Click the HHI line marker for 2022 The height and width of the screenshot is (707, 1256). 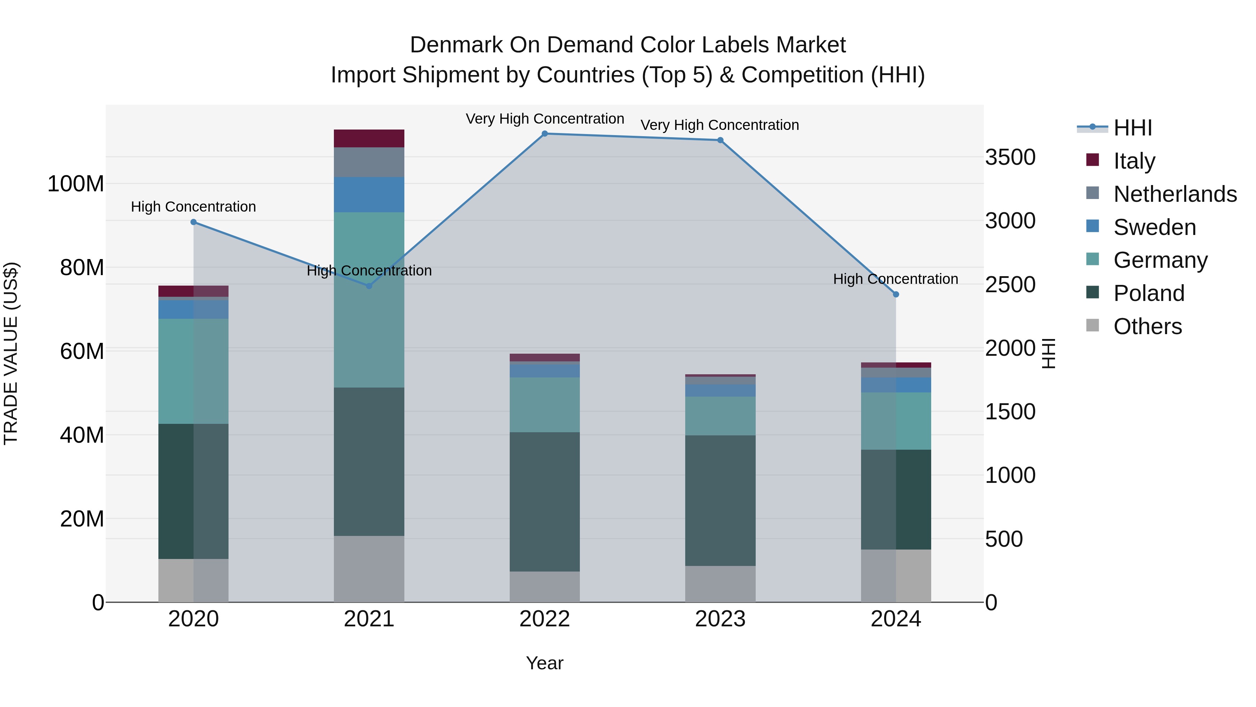pos(545,134)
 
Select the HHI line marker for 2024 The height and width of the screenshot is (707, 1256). pos(896,295)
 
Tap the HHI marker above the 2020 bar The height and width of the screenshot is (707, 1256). pos(194,222)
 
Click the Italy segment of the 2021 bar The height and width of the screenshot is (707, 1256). pos(369,139)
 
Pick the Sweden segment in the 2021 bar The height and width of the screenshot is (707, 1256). pos(369,195)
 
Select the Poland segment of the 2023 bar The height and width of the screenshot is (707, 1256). pos(720,501)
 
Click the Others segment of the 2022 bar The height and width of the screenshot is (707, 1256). pos(545,587)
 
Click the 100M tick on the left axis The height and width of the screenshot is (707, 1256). pos(76,184)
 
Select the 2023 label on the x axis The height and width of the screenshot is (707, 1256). pos(720,619)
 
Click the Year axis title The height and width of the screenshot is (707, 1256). pos(545,663)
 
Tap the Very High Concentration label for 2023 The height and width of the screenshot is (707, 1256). pos(720,125)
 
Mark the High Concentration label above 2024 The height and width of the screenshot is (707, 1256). pos(895,279)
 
